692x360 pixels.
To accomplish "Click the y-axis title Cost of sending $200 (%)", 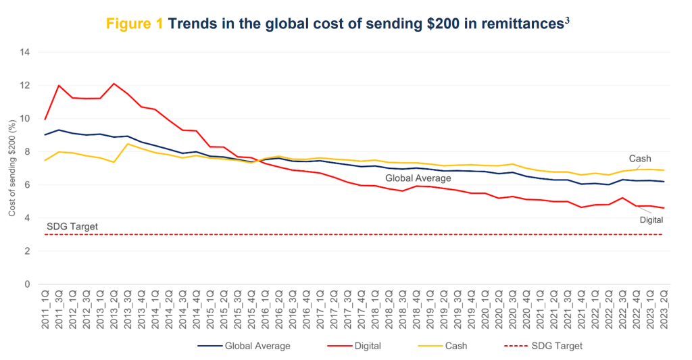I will tap(12, 168).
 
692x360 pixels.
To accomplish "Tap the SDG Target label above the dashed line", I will tap(72, 226).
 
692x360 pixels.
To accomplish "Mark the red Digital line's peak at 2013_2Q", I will tap(114, 84).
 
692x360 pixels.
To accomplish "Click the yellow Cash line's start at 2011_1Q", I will tap(45, 160).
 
